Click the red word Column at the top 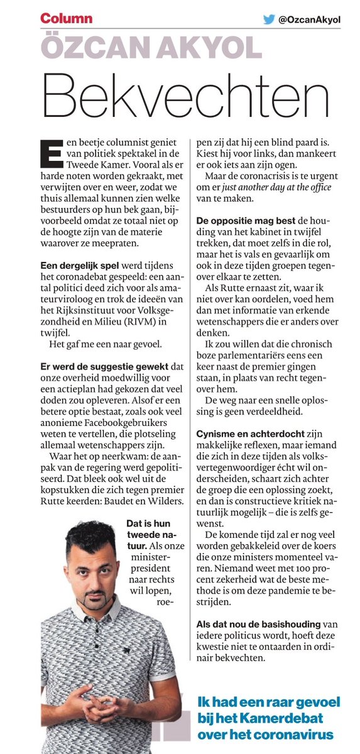[x=66, y=18]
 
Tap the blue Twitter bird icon [x=270, y=19]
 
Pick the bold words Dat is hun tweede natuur [x=145, y=532]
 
